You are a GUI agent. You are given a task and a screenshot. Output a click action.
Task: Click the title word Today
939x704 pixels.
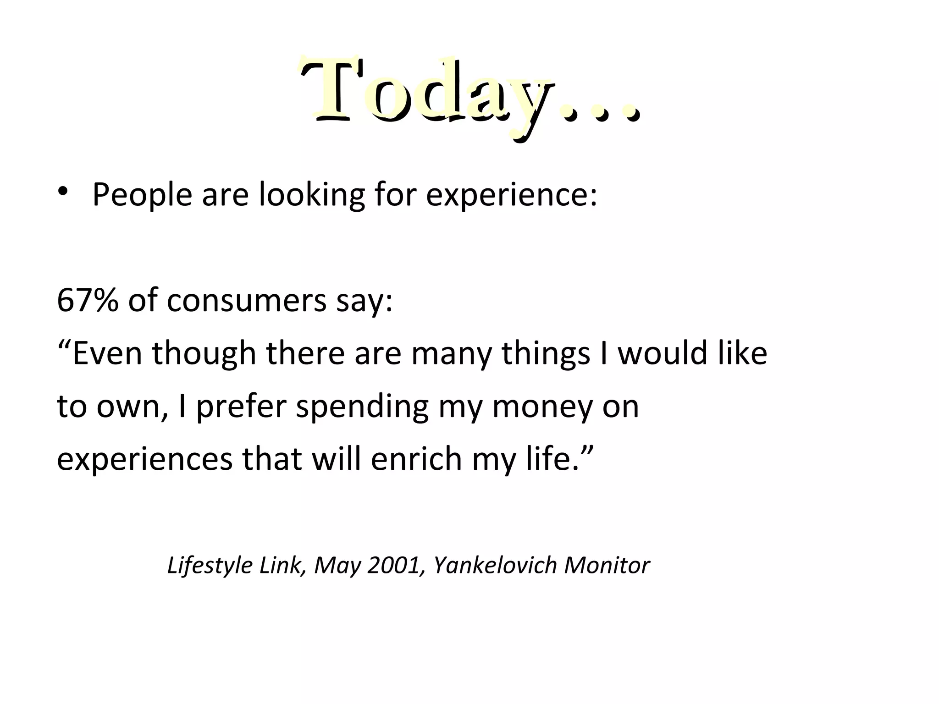coord(426,92)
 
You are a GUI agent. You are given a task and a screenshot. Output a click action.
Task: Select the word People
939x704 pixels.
coord(142,195)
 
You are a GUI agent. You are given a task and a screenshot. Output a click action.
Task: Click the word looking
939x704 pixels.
coord(312,195)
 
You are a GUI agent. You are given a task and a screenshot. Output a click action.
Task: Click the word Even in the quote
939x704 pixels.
coord(106,353)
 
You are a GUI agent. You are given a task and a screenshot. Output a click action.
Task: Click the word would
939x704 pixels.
coord(661,353)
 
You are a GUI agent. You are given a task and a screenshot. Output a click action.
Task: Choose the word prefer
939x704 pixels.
coord(241,407)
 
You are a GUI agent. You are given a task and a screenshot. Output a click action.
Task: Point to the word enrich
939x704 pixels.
coord(416,459)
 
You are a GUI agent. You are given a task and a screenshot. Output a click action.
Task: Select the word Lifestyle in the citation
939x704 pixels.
coord(210,566)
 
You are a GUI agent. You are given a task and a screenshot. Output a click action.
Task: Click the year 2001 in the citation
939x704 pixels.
coord(394,566)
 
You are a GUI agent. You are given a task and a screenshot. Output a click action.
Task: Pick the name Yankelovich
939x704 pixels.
coord(495,566)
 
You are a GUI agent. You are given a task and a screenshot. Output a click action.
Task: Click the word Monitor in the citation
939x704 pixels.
coord(607,566)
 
